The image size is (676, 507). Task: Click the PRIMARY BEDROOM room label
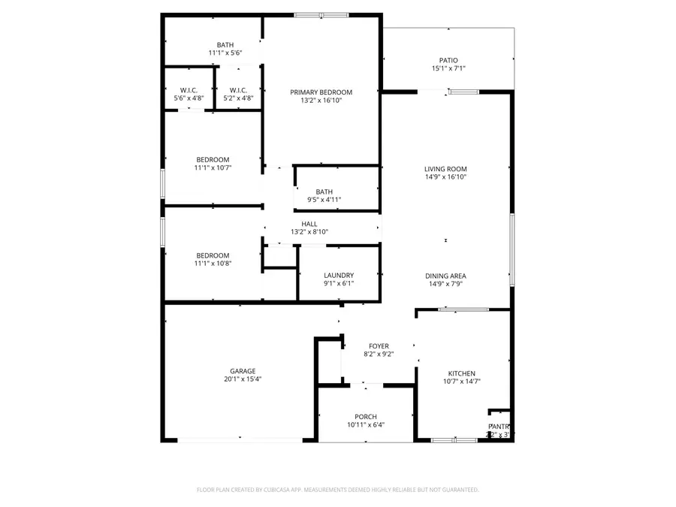click(321, 92)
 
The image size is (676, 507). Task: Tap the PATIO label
click(448, 61)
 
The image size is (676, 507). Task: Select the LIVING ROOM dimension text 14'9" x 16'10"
click(445, 178)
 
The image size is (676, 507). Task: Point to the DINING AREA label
click(445, 276)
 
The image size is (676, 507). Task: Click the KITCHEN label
click(461, 373)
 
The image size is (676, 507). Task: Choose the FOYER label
click(379, 346)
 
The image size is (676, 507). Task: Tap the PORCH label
click(366, 417)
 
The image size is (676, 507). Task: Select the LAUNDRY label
click(339, 275)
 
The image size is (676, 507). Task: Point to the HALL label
click(309, 224)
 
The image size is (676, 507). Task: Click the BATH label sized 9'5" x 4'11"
click(324, 192)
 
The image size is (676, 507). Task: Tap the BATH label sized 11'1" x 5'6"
click(225, 45)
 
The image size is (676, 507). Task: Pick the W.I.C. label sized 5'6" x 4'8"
click(189, 90)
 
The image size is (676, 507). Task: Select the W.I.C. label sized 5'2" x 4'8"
click(239, 90)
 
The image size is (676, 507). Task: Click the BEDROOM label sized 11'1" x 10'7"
click(213, 159)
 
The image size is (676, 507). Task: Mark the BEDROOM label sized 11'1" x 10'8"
click(213, 256)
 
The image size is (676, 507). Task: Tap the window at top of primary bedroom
click(321, 14)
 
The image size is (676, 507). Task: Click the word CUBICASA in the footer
click(277, 490)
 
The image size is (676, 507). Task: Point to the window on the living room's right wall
click(512, 249)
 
